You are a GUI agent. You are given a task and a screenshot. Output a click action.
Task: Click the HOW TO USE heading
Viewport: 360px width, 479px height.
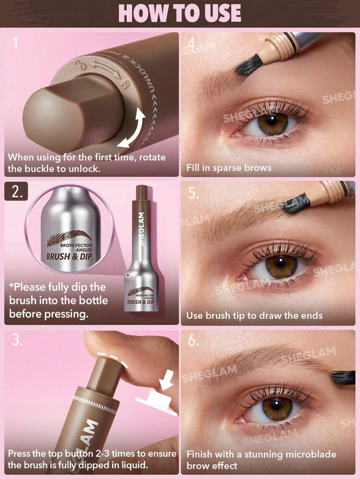click(x=180, y=13)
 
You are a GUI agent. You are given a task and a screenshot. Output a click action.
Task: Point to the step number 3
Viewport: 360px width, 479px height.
click(x=17, y=341)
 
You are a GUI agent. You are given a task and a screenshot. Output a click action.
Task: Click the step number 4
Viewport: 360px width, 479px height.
click(x=193, y=45)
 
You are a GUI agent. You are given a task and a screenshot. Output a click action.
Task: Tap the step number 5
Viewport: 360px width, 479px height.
click(x=193, y=194)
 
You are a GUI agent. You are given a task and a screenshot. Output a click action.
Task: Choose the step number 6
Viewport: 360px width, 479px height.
click(x=193, y=341)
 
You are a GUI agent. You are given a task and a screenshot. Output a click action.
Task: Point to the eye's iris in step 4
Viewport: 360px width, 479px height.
click(x=273, y=123)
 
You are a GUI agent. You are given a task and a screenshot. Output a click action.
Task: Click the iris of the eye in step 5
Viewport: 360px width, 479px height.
click(x=281, y=266)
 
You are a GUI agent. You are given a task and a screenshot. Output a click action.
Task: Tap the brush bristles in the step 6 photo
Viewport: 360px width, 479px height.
click(x=343, y=377)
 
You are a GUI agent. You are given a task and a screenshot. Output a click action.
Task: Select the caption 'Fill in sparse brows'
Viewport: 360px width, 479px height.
click(x=229, y=168)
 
